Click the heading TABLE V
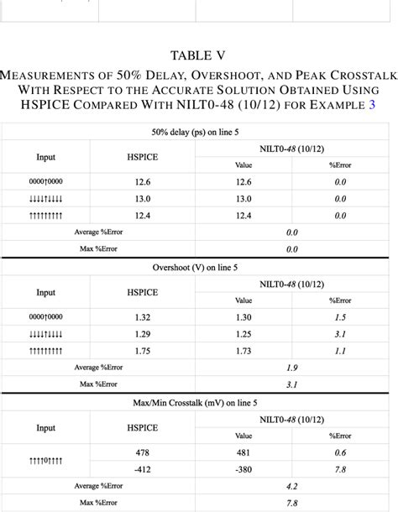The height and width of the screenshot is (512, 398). [198, 56]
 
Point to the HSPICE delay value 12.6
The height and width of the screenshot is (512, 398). [143, 182]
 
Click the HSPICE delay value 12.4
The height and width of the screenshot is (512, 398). [143, 216]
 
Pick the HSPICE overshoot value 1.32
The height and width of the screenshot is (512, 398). [143, 317]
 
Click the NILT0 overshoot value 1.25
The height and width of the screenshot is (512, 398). [244, 334]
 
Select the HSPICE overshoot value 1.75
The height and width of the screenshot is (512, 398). [143, 351]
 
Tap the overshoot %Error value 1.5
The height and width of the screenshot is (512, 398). [340, 317]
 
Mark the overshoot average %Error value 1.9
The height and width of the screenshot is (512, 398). [292, 368]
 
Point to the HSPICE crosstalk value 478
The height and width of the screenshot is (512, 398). [143, 452]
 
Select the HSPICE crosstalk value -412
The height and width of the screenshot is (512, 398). [142, 469]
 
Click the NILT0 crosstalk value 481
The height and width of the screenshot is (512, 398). [244, 452]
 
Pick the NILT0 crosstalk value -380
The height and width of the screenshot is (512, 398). [244, 469]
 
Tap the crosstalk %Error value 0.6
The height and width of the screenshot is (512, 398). [340, 452]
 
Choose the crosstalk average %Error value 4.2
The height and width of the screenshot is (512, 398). [292, 486]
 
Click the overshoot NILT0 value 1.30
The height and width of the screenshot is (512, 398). [244, 317]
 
